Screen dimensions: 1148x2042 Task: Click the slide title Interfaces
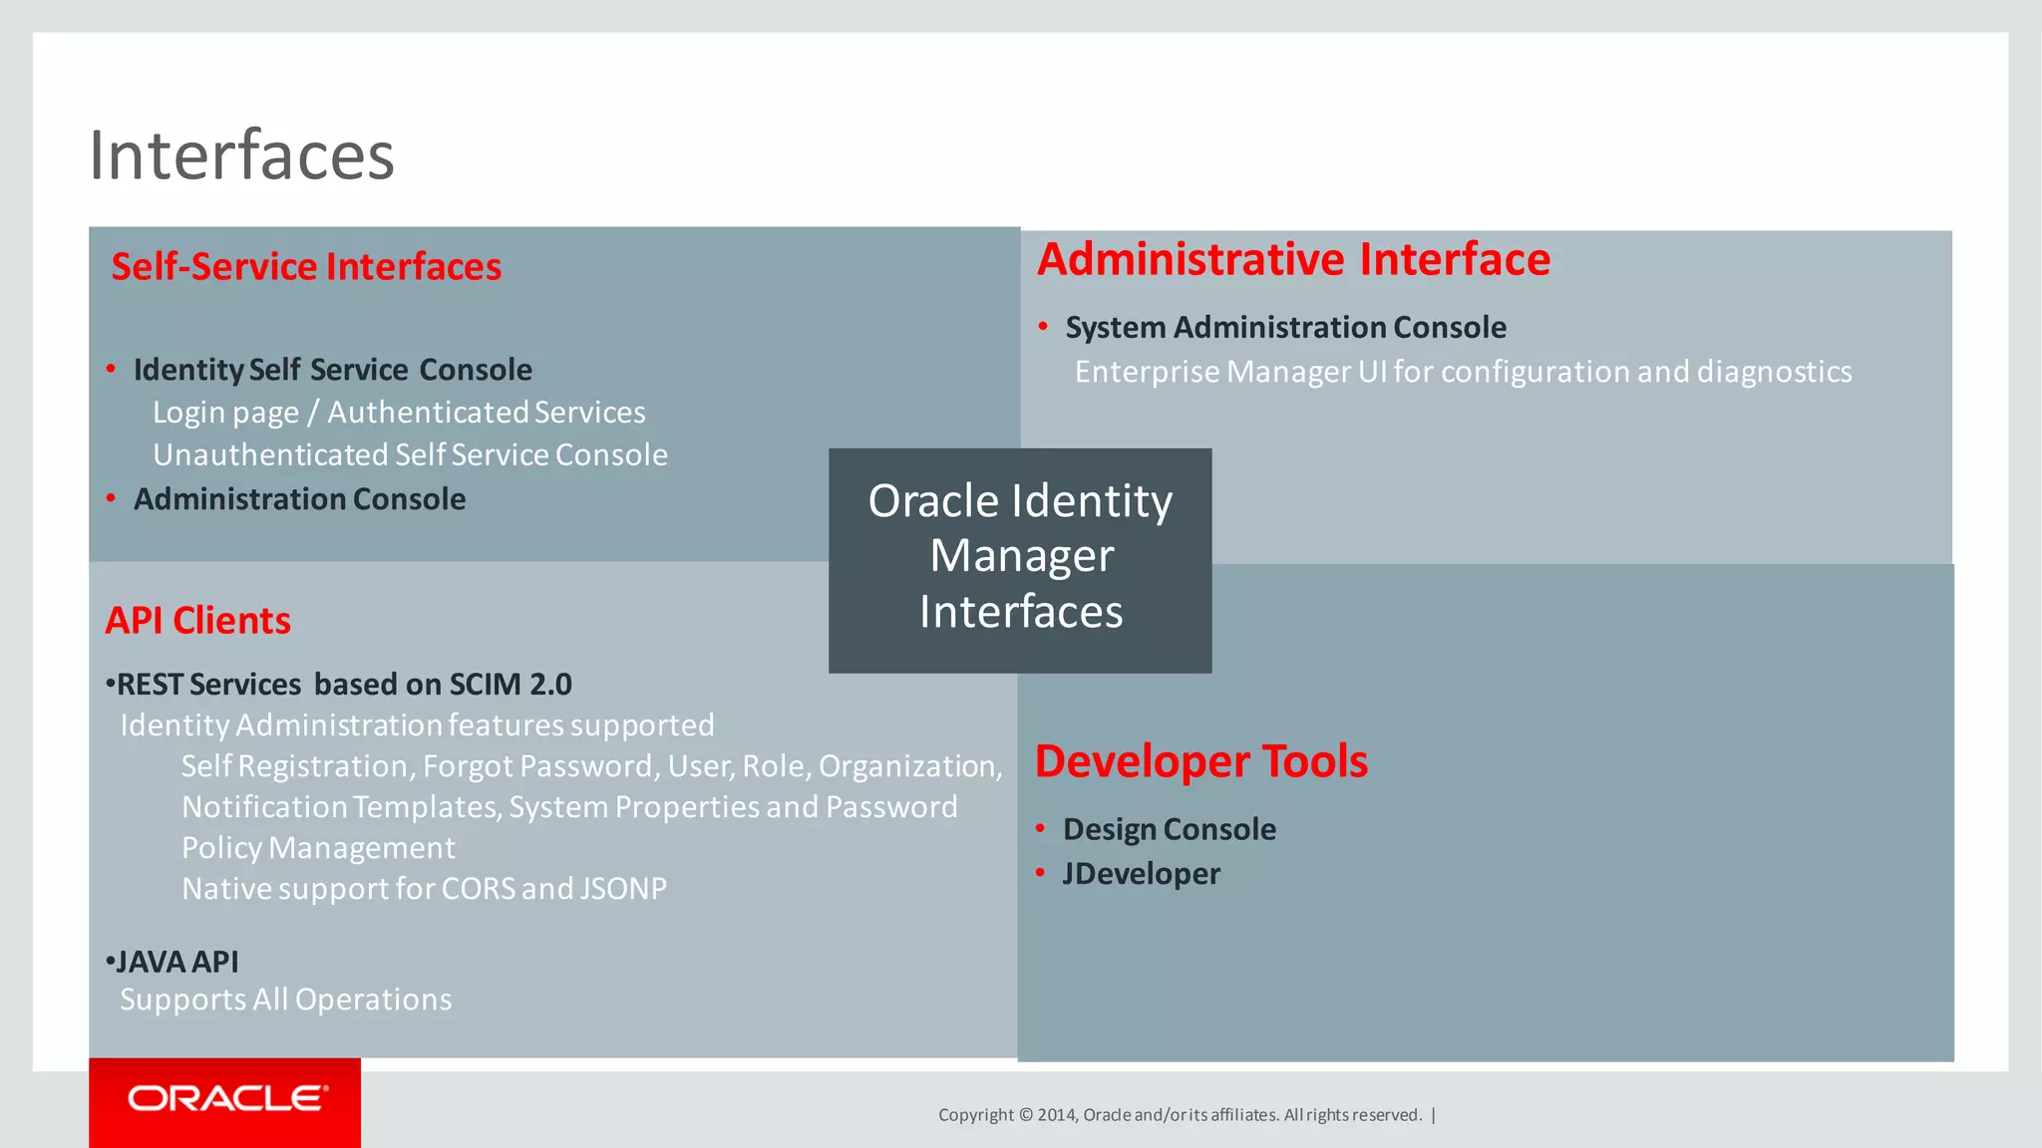click(x=242, y=156)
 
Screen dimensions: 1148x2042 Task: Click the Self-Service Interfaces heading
click(x=306, y=267)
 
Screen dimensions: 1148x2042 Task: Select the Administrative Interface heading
click(x=1293, y=260)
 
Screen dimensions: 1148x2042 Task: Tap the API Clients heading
click(x=197, y=621)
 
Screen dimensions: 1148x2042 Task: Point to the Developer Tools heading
click(x=1200, y=761)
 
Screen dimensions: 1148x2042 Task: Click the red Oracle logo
click(x=225, y=1099)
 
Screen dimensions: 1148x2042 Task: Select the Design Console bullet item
click(x=1169, y=829)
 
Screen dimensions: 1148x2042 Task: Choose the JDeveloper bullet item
click(x=1141, y=874)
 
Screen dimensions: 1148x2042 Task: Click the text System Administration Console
click(x=1285, y=327)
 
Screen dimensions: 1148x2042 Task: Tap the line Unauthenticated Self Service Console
click(x=410, y=455)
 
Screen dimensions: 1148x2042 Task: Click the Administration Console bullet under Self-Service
click(x=299, y=499)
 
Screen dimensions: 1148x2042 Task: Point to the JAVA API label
click(x=176, y=962)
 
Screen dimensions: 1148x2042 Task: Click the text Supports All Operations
click(x=285, y=1000)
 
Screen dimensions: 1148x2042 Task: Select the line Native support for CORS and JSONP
click(x=424, y=889)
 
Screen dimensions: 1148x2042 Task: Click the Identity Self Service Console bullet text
click(x=332, y=370)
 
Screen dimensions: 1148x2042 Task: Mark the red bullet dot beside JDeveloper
click(x=1040, y=873)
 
